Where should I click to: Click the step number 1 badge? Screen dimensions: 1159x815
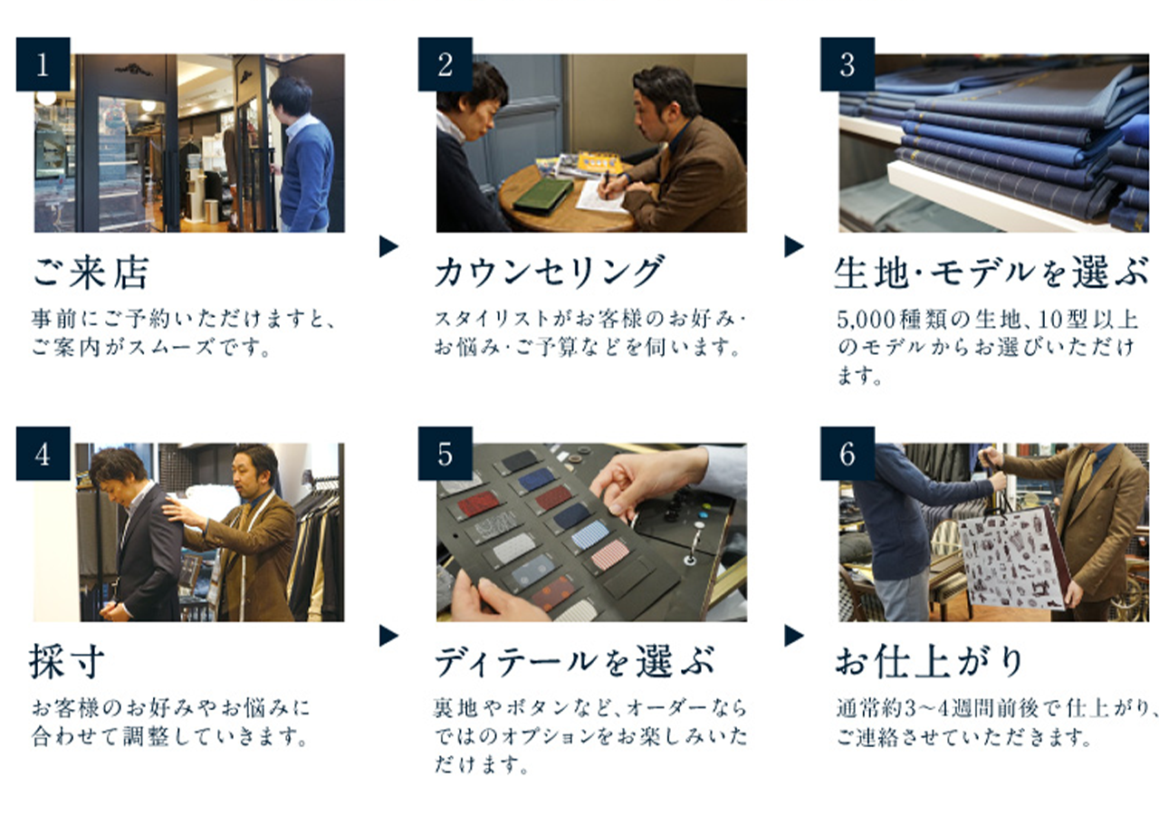click(x=43, y=64)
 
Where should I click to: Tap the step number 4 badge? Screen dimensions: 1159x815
click(x=43, y=454)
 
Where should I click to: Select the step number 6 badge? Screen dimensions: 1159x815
click(x=848, y=454)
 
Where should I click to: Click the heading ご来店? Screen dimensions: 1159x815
click(x=91, y=273)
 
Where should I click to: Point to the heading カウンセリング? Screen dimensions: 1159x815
click(x=549, y=271)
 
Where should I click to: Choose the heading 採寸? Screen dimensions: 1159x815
click(x=66, y=661)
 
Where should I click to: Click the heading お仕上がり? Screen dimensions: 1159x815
click(x=929, y=661)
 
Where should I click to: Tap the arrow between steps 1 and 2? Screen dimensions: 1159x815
click(x=388, y=246)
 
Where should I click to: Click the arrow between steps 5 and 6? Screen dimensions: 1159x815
click(x=794, y=636)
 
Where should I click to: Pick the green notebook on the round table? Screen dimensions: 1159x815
click(x=542, y=195)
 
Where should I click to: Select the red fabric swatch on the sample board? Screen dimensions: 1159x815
click(x=479, y=503)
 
